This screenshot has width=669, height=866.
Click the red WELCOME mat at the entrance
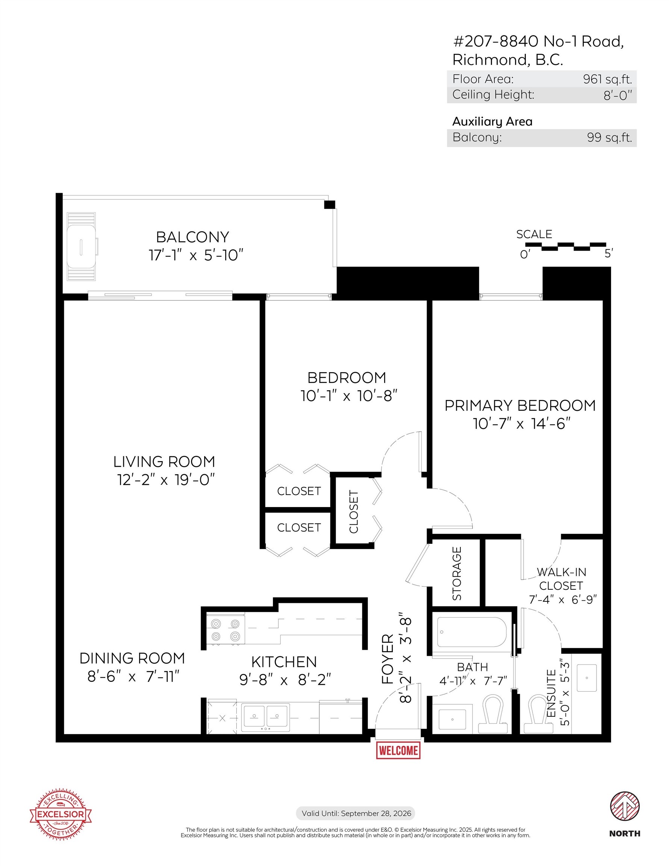(398, 750)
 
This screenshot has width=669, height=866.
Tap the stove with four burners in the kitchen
(225, 630)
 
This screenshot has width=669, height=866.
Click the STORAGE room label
(457, 573)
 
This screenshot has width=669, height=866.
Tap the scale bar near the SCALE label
(566, 246)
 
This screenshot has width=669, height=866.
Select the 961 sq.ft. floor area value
(607, 79)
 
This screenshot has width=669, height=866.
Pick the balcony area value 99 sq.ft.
(609, 138)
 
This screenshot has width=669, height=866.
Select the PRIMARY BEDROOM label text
(519, 406)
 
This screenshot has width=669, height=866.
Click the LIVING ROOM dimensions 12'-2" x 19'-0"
(166, 480)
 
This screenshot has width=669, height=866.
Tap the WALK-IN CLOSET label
(561, 579)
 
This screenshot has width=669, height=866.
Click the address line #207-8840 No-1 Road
(538, 42)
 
